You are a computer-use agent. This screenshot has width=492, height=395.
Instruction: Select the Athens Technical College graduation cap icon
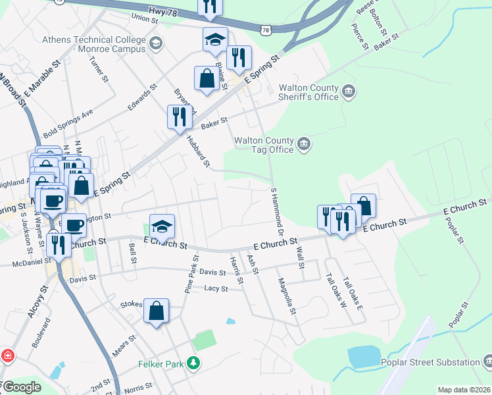tap(155, 44)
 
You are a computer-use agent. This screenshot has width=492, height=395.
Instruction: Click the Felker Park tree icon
tap(193, 363)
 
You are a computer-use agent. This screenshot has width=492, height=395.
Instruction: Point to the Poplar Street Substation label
tap(430, 362)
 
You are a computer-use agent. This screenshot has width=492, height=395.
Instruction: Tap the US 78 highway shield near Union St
tap(264, 30)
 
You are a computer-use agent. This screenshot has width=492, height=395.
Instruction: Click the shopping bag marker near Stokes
tap(157, 311)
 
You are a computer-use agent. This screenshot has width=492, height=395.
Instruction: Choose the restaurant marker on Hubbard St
tap(179, 117)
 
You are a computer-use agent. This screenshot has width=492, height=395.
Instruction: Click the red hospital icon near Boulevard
tap(7, 356)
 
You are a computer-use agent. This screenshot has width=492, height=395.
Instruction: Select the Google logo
tap(22, 387)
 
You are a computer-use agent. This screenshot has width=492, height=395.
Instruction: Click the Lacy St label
tap(215, 288)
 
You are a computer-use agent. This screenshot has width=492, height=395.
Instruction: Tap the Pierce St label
tap(360, 38)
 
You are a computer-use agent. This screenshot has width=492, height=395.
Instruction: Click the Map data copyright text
tap(464, 390)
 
